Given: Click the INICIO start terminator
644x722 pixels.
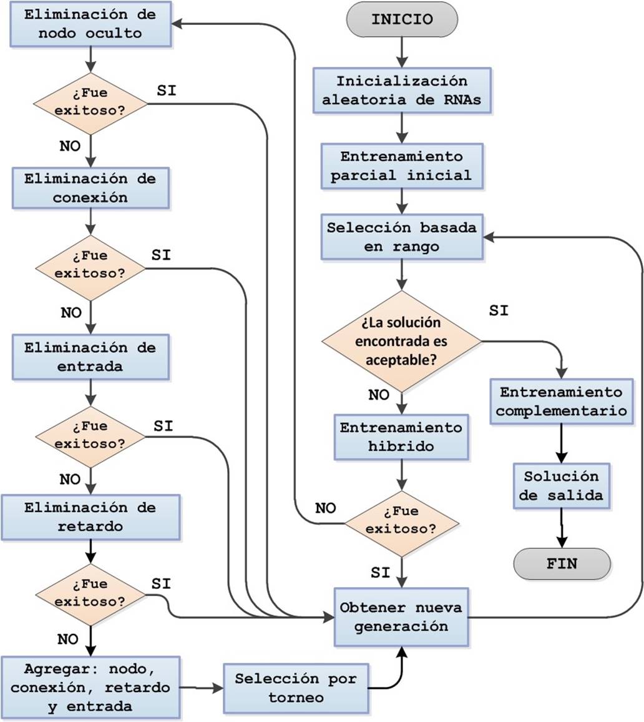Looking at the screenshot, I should point(402,19).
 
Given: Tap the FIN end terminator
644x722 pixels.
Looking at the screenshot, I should point(562,564).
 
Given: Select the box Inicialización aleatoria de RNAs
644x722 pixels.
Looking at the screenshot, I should point(402,91).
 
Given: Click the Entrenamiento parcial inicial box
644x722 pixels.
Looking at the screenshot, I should point(402,166).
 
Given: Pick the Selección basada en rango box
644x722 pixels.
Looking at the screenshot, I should point(402,237).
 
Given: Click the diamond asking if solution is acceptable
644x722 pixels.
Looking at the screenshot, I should point(401,341).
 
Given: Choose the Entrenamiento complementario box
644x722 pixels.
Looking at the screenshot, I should point(562,402).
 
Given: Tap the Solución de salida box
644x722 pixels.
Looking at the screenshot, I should point(562,485).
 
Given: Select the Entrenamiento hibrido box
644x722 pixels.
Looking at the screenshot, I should point(401,437).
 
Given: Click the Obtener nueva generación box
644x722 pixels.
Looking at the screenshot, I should point(401,616).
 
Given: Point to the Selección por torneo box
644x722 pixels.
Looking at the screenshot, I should point(296,688).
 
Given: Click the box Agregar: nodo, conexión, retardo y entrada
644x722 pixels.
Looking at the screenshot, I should point(90,688).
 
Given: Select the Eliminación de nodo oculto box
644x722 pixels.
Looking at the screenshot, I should point(90,24).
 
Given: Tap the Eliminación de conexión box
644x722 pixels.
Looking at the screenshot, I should point(90,188).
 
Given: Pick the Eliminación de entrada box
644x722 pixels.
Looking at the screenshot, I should point(90,357).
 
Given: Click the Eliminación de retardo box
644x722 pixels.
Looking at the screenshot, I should point(90,517).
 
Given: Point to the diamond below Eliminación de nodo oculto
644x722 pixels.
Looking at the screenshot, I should point(90,104).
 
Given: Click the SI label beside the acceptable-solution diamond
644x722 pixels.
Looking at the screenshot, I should point(499,311).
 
